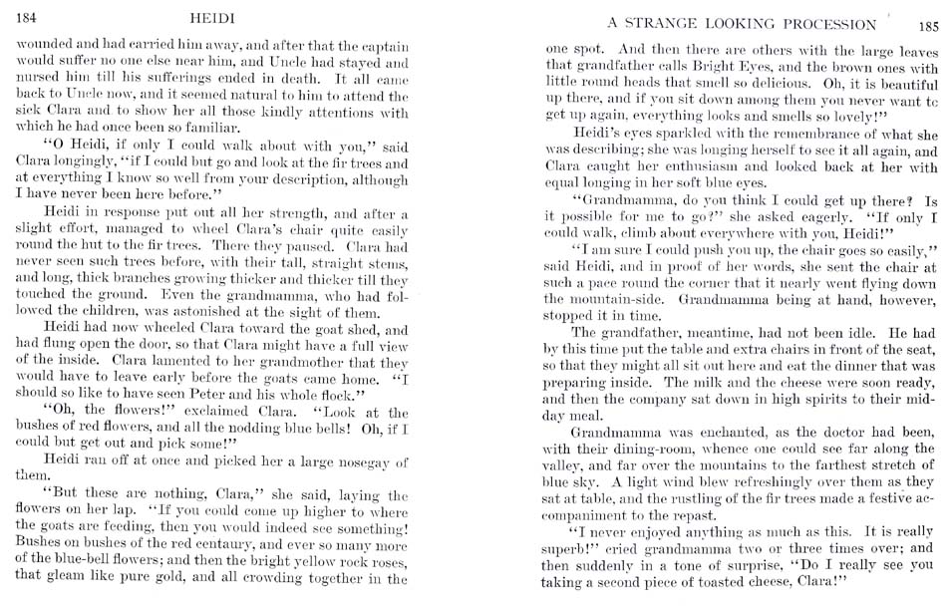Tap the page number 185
pos(929,25)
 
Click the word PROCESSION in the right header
pos(828,24)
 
